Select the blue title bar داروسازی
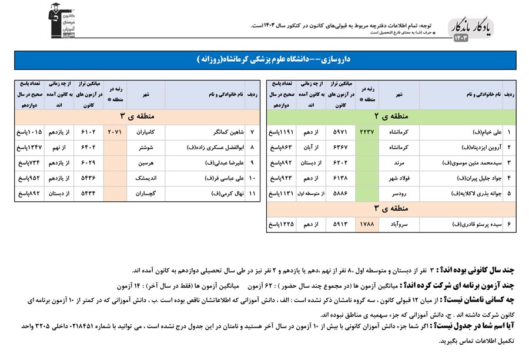point(264,60)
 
